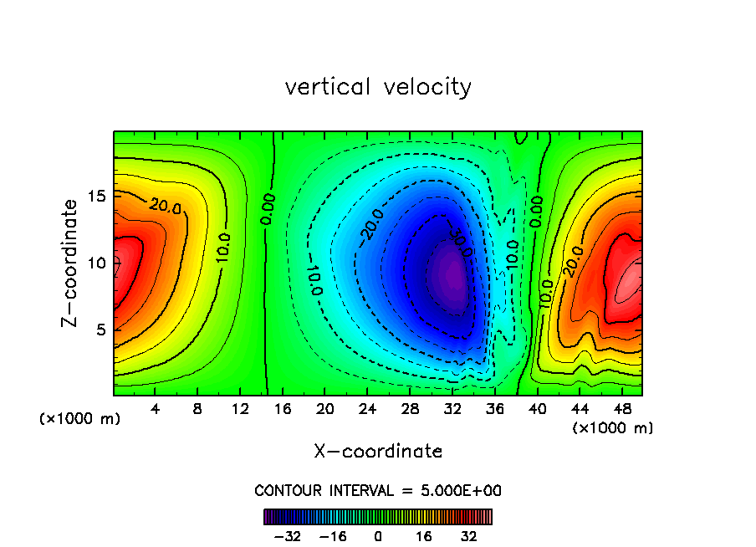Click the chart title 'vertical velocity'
tap(378, 87)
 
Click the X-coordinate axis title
tap(378, 452)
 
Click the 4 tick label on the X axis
tap(156, 409)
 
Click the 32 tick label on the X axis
tap(452, 409)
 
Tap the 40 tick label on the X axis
tap(537, 409)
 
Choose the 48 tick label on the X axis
tap(621, 409)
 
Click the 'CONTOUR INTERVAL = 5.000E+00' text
tap(378, 491)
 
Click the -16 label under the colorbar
tap(334, 536)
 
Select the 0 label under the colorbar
tap(378, 536)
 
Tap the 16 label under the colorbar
tap(423, 536)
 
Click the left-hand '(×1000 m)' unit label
tap(80, 419)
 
